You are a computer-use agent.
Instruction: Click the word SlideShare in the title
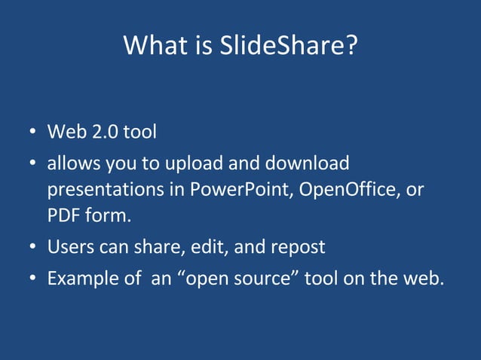286,47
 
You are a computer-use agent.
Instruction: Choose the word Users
69,247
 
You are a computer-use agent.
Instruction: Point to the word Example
80,278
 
